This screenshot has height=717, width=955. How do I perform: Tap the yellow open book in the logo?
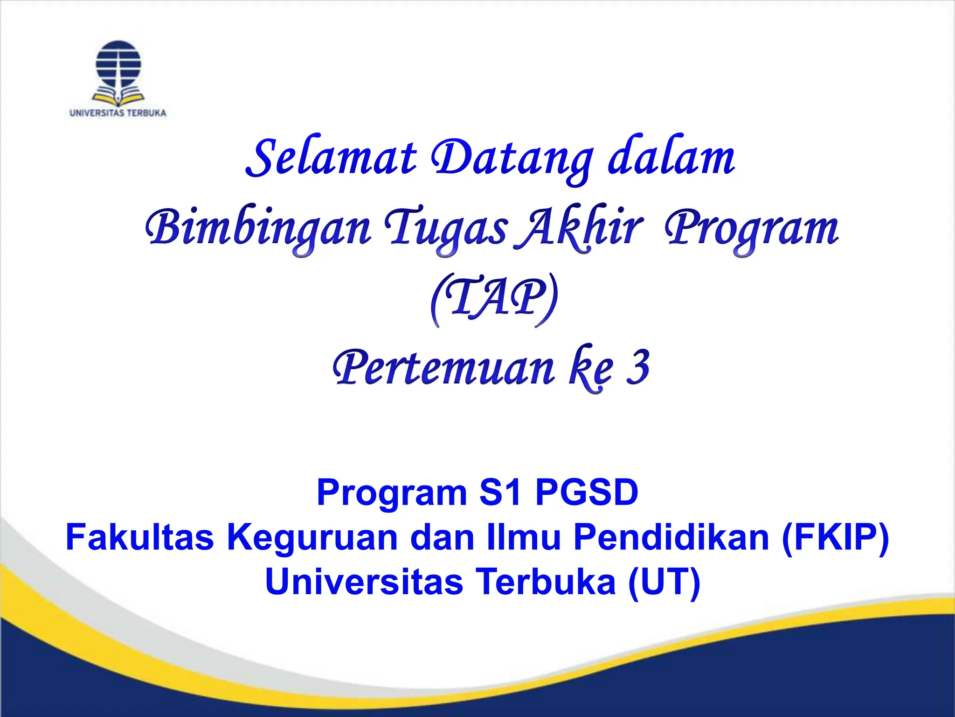[x=118, y=97]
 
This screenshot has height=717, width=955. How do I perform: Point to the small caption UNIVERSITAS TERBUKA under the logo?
[x=118, y=113]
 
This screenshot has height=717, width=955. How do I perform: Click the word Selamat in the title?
[x=332, y=158]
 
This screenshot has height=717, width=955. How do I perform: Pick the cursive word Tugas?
[x=445, y=229]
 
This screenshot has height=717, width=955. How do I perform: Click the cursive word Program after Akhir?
[x=751, y=229]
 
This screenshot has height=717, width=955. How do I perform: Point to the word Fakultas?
[x=139, y=537]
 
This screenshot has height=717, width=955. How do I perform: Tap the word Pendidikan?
[x=671, y=537]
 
